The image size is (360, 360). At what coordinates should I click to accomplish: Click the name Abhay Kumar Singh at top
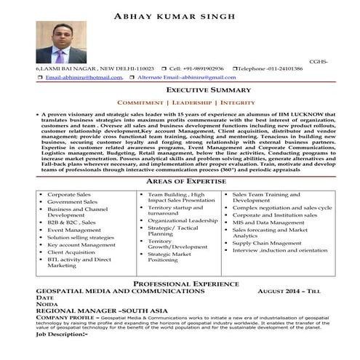[180, 16]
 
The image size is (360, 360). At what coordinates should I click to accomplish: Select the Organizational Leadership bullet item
[183, 220]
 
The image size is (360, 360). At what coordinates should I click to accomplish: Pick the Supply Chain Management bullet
[275, 243]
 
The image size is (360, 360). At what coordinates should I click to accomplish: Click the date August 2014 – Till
[289, 289]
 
